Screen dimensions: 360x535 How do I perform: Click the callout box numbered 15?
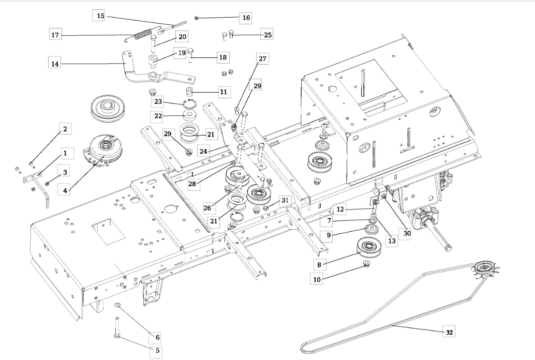coord(101,16)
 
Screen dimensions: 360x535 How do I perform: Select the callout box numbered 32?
coord(449,333)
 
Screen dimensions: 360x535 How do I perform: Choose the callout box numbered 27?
coord(262,59)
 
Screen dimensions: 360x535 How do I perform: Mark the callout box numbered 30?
coord(407,233)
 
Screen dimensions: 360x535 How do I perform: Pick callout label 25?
coord(267,35)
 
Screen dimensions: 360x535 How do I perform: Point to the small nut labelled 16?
coord(197,18)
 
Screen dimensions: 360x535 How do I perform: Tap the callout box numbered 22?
coord(158,115)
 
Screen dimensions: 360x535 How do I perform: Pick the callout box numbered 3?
coord(65,172)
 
